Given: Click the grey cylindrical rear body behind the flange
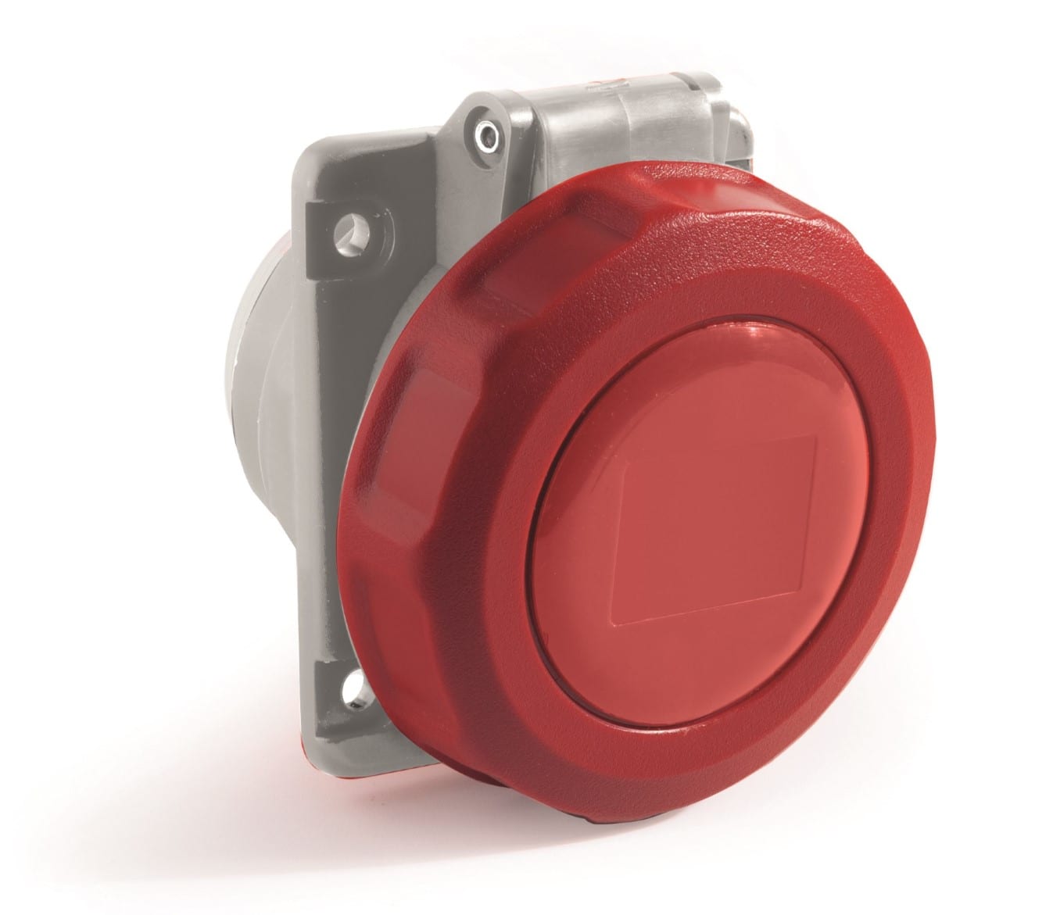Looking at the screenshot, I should [267, 422].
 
